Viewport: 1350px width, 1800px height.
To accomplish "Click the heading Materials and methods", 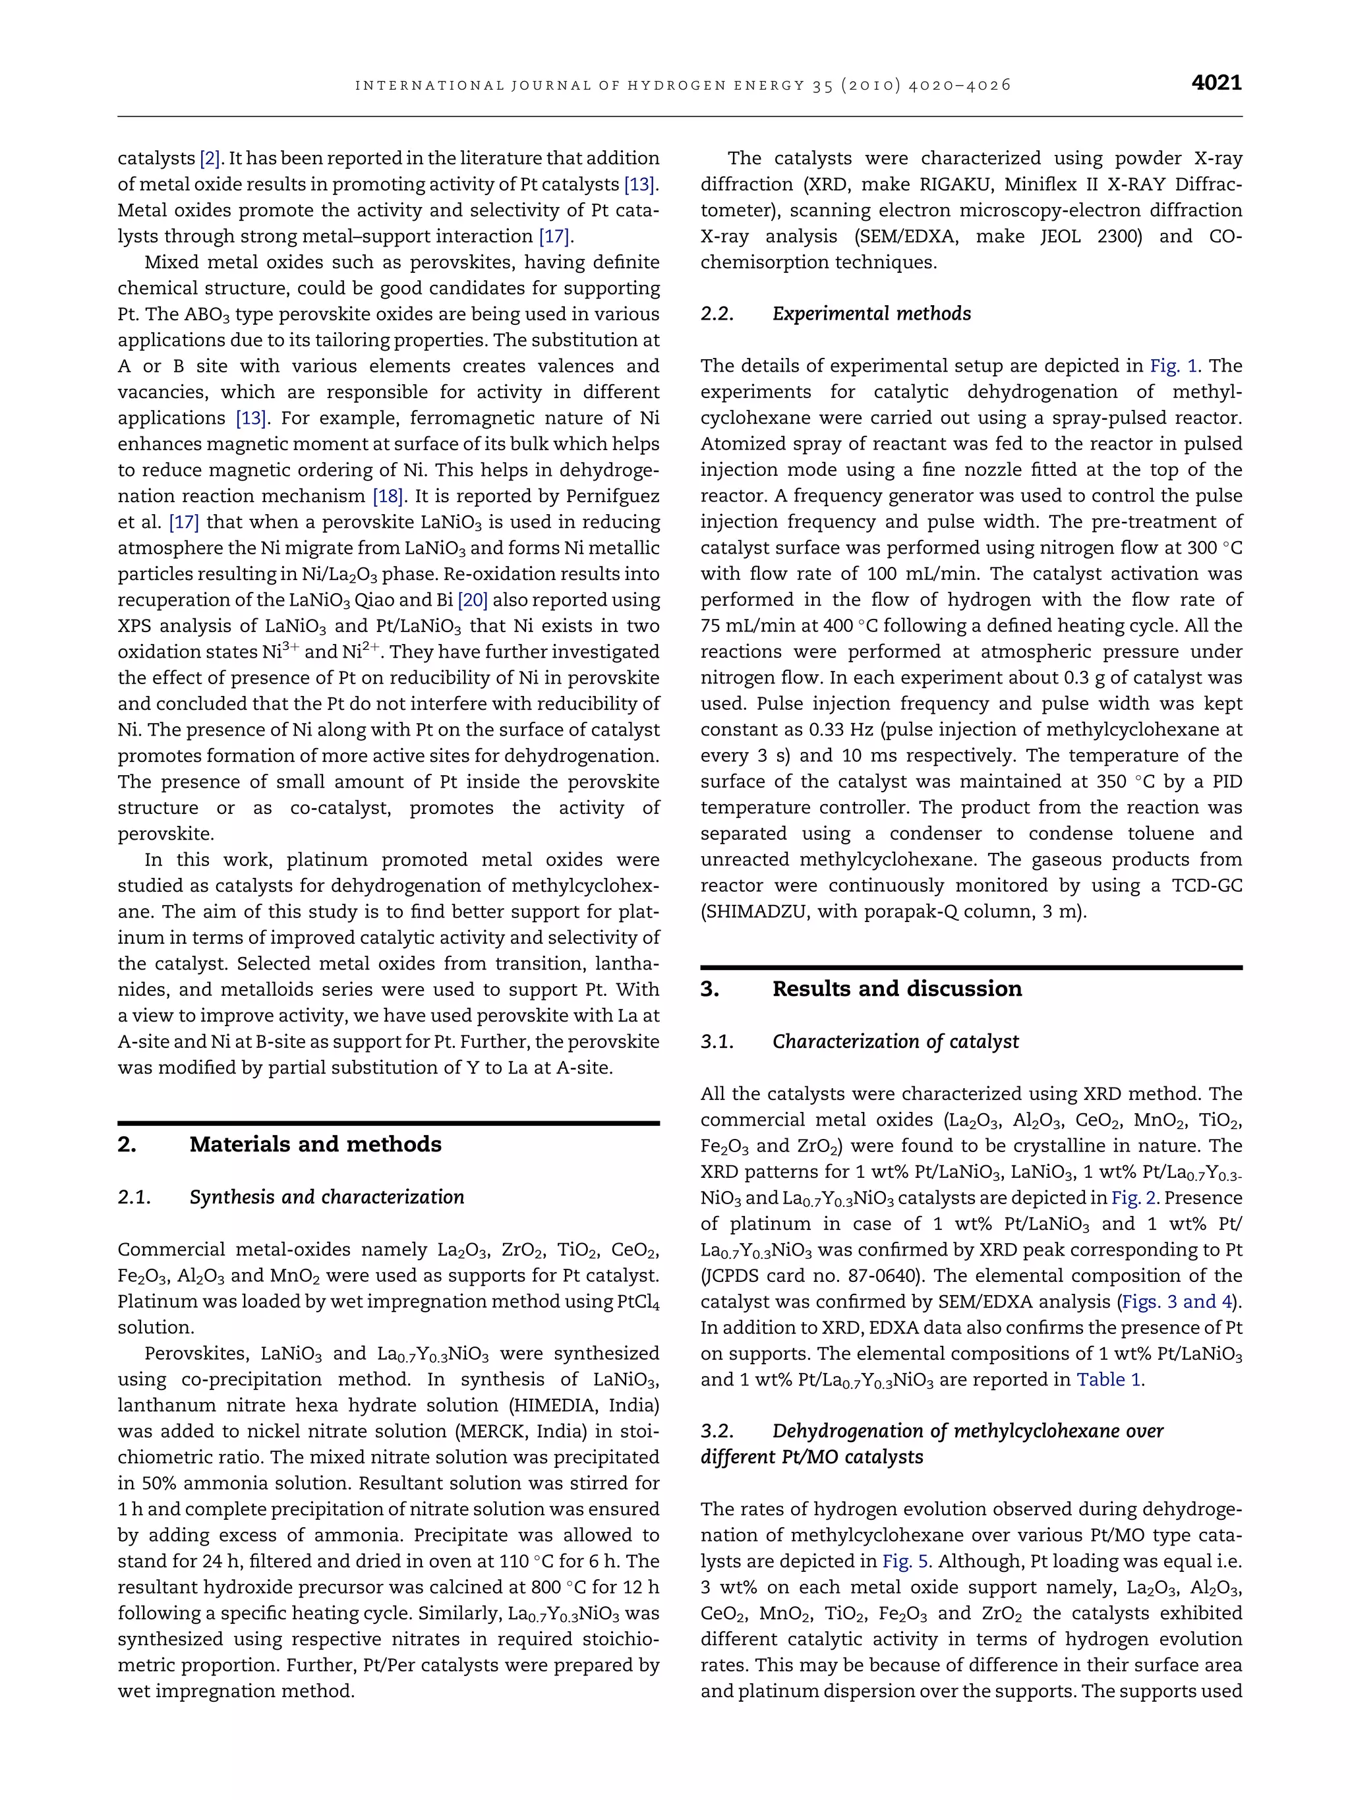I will point(315,1144).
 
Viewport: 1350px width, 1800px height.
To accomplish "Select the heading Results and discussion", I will point(896,989).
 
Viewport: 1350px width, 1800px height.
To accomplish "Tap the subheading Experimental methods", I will point(871,314).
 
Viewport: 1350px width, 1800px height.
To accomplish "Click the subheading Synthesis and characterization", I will point(326,1197).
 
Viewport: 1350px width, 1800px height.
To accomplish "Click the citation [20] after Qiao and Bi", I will point(473,600).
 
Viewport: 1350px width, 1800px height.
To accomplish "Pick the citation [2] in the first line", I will point(210,159).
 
